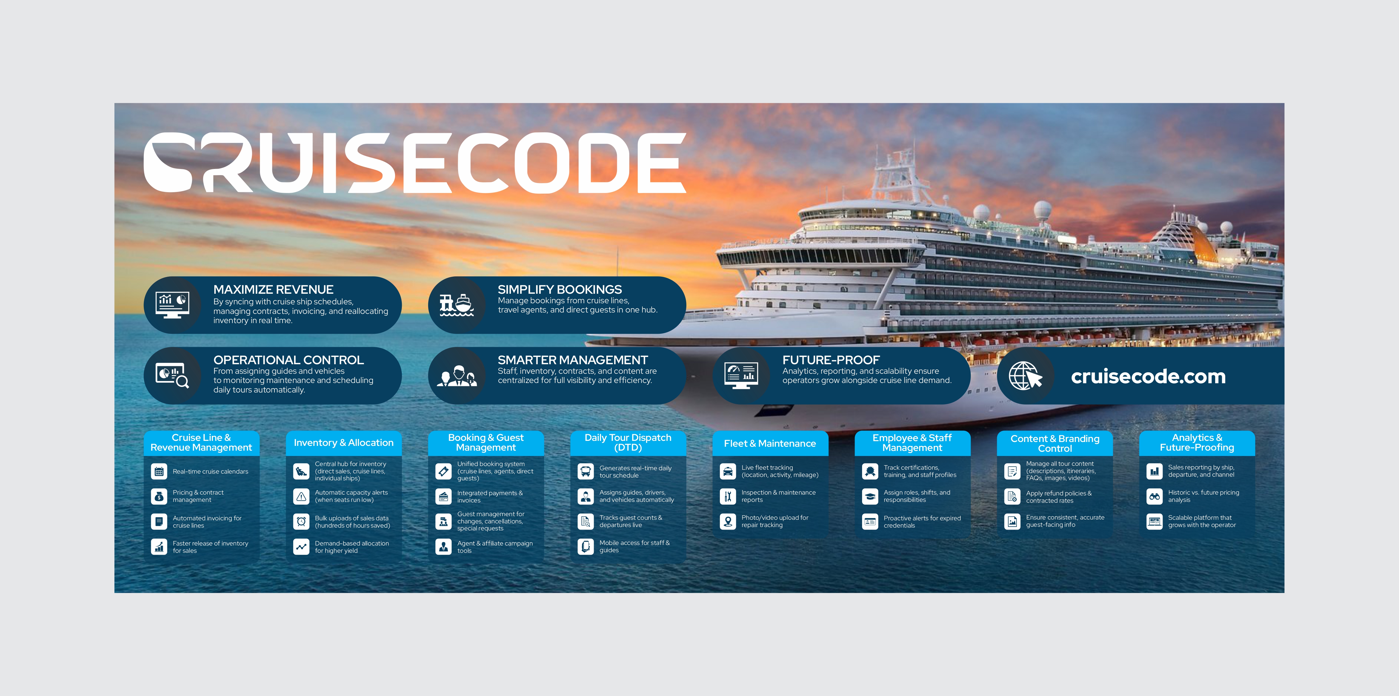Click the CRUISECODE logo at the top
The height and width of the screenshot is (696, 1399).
point(415,163)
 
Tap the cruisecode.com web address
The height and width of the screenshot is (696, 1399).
point(1148,376)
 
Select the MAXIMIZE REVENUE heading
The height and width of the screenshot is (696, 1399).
point(273,289)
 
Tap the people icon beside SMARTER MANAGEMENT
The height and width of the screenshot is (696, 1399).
point(457,376)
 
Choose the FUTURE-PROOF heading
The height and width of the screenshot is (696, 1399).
point(831,360)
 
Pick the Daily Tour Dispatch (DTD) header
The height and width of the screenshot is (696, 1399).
point(628,443)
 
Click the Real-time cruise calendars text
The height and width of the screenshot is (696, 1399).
point(210,471)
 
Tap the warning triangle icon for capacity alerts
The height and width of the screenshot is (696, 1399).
point(301,496)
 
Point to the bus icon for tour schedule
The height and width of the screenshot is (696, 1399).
point(585,471)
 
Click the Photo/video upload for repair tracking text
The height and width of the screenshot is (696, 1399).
point(775,521)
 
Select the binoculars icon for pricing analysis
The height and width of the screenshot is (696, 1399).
point(1154,496)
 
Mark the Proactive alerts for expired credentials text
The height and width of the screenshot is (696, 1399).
point(922,522)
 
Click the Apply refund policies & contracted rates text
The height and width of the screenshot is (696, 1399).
point(1058,497)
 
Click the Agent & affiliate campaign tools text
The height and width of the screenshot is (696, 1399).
point(495,547)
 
